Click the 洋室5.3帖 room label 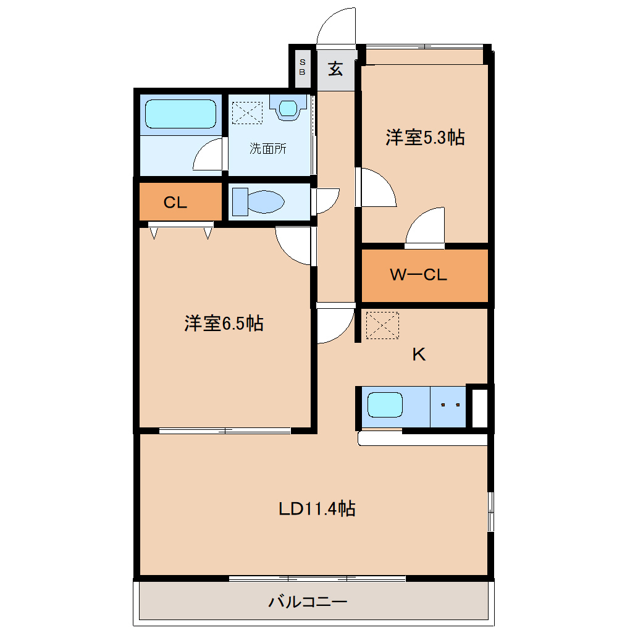[x=425, y=137]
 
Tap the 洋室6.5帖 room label [x=224, y=322]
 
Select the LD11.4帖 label [x=316, y=509]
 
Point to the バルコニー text [x=308, y=601]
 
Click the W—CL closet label [x=418, y=275]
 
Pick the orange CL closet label [x=175, y=203]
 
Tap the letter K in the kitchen [x=419, y=355]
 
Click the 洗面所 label [x=267, y=149]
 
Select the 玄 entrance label [x=335, y=69]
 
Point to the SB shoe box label [x=302, y=67]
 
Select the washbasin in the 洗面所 [x=288, y=107]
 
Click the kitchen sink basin [x=385, y=405]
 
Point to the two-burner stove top [x=450, y=406]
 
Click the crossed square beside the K [x=382, y=325]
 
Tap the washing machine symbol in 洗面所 [x=247, y=112]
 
